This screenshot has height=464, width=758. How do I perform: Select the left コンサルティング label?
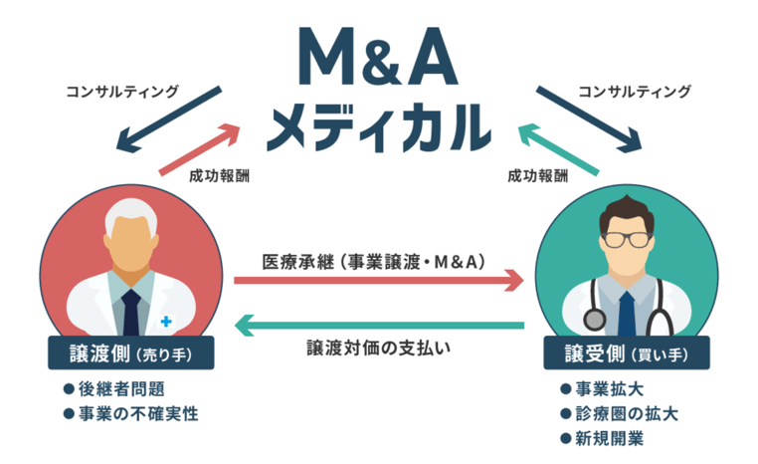coord(122,92)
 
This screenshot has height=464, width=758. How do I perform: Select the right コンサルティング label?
coord(633,92)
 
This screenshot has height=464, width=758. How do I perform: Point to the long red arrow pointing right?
coord(378,282)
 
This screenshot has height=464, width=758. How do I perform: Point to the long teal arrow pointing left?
coord(378,325)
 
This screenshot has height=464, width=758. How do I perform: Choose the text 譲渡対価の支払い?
coord(378,348)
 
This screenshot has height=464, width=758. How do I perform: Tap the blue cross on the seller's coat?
coord(165,321)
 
